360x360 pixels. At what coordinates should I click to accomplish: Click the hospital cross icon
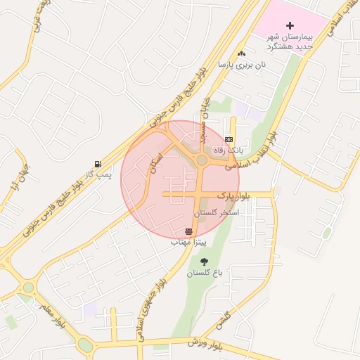290,25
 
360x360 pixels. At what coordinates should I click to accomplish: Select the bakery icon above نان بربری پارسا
242,53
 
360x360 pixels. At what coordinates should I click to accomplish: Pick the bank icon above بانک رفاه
229,139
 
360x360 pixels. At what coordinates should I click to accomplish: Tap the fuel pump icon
96,164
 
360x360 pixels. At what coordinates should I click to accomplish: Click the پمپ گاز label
98,175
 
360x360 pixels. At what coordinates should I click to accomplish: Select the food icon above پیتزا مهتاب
188,231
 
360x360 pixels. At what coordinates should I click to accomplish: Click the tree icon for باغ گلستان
204,262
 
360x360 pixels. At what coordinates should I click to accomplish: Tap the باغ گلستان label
202,273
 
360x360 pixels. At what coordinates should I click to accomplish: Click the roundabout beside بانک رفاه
202,160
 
